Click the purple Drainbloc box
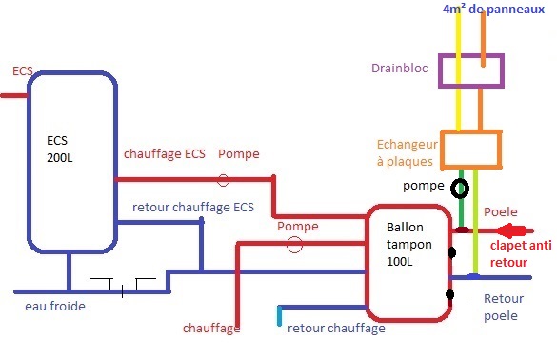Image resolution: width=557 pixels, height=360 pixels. point(440,70)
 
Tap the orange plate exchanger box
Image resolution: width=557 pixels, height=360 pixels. point(442,150)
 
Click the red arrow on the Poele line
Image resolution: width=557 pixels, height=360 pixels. point(510,230)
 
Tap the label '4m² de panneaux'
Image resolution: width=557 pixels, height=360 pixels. point(493,10)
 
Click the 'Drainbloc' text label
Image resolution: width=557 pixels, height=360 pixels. point(400,68)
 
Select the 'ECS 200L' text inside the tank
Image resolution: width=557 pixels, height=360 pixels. point(60,149)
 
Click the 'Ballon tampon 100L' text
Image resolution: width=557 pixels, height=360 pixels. point(409,244)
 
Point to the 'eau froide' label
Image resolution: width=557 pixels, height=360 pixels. point(55,306)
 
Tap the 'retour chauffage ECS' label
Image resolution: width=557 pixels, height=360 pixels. point(193,207)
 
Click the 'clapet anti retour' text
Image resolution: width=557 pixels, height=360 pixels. point(521,253)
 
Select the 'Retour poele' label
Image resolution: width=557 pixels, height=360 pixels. point(504,307)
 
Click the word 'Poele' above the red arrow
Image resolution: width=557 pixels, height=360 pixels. point(501,211)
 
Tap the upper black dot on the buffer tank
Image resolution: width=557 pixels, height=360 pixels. point(451,252)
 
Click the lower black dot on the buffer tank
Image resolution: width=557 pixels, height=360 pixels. point(450,294)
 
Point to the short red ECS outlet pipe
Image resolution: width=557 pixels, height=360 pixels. point(14,95)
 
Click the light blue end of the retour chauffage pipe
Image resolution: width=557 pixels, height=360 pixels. point(280,315)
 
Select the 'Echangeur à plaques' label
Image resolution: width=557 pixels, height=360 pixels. point(408,152)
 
